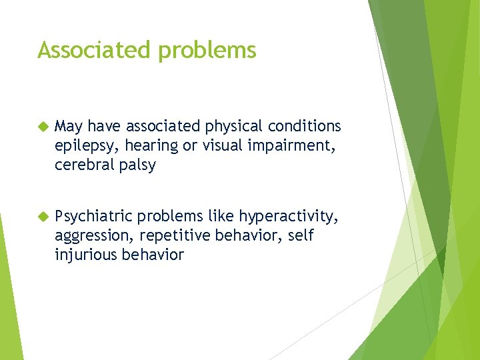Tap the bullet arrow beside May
pyautogui.click(x=43, y=126)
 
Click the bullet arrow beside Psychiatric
pyautogui.click(x=43, y=215)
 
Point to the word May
pyautogui.click(x=69, y=127)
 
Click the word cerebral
pyautogui.click(x=84, y=165)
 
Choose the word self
pyautogui.click(x=301, y=235)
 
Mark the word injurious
pyautogui.click(x=84, y=255)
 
